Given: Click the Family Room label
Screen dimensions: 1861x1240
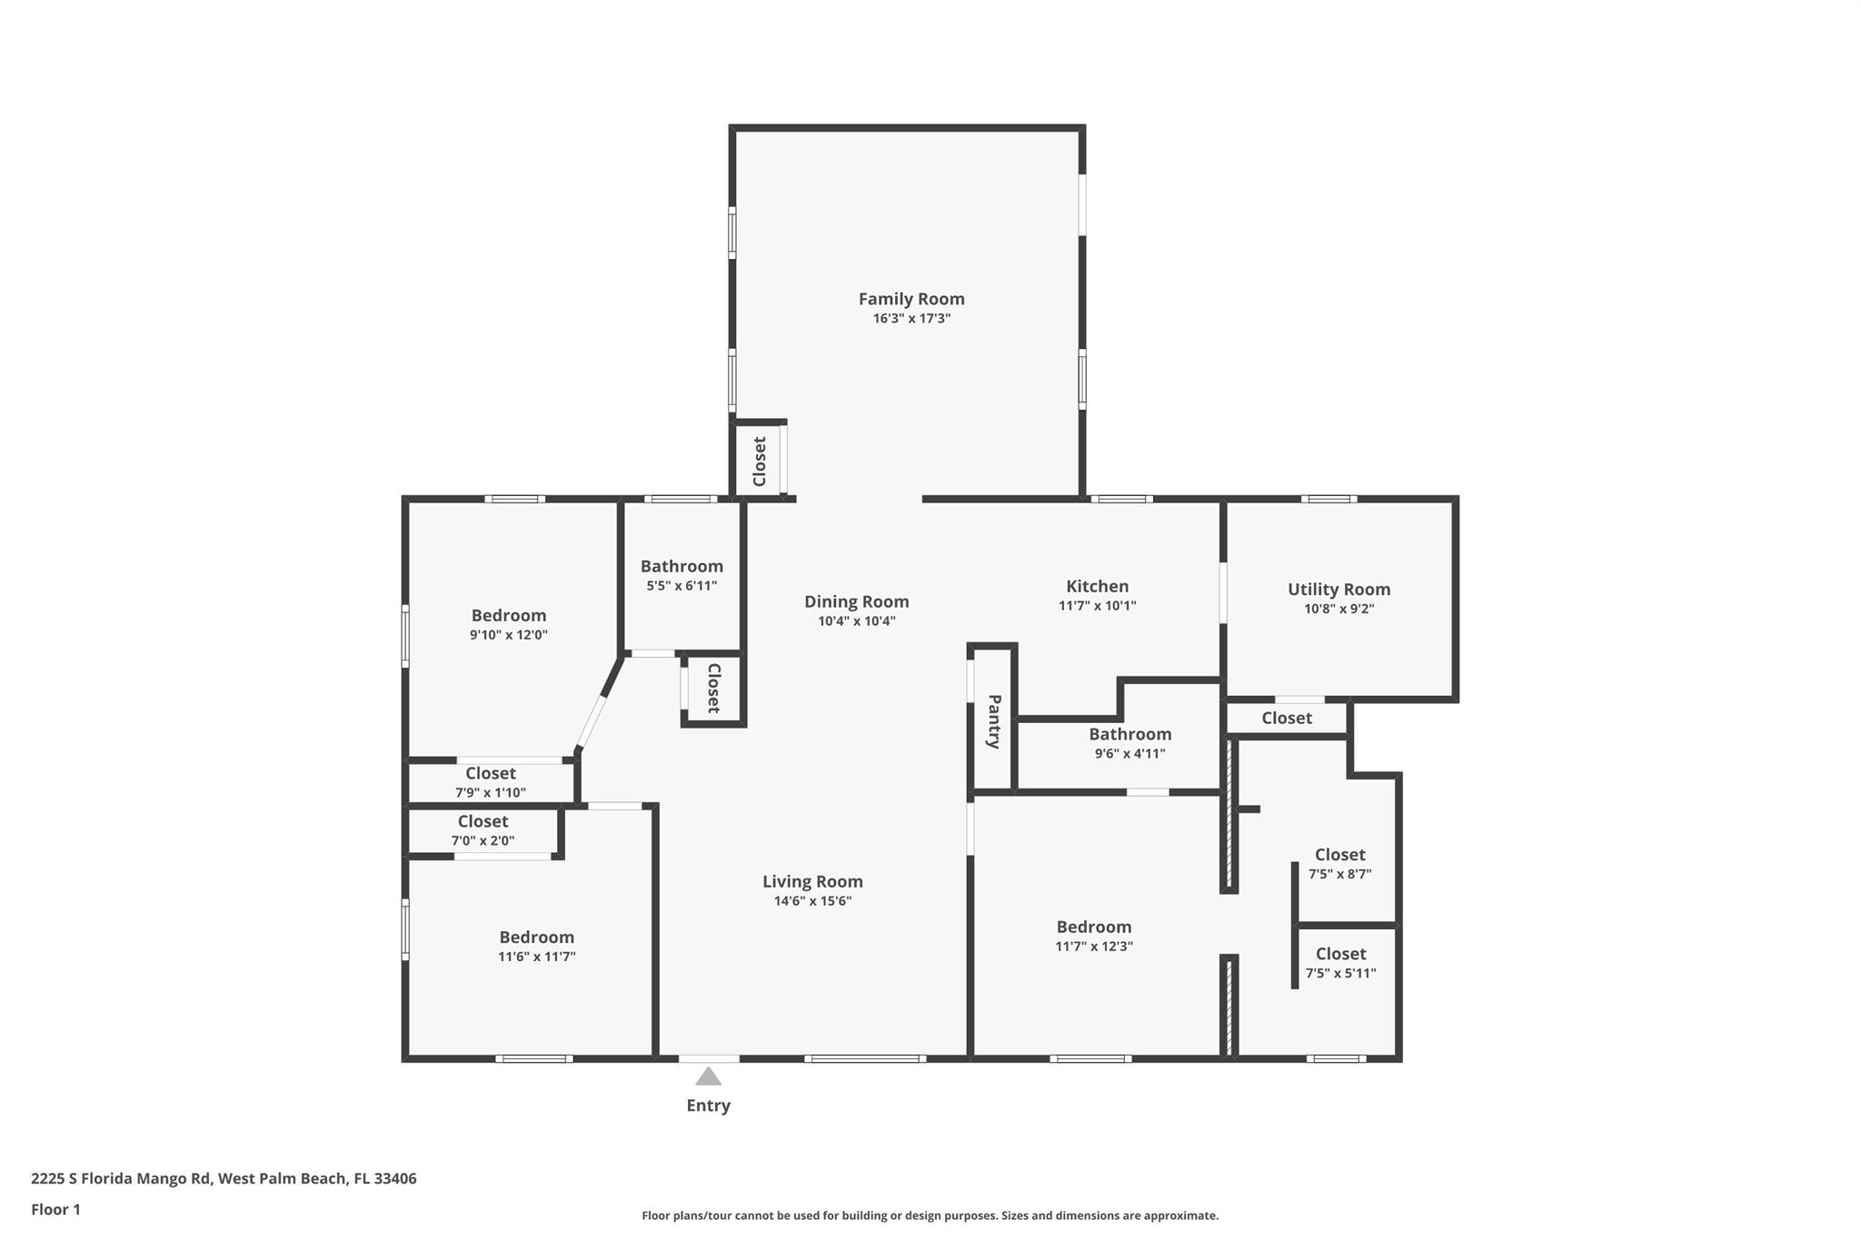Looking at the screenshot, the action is (911, 299).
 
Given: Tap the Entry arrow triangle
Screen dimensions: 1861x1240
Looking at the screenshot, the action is (709, 1076).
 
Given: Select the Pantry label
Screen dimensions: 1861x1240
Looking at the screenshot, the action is (994, 721).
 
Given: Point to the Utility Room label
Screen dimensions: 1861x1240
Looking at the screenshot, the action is (1339, 590).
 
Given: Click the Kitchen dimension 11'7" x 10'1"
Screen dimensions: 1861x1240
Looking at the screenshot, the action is (1098, 606).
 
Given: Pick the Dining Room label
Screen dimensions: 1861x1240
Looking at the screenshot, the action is (856, 601).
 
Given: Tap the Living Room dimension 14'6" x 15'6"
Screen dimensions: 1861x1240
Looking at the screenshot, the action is (812, 901).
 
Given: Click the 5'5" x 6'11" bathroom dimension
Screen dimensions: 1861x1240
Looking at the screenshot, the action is (682, 586).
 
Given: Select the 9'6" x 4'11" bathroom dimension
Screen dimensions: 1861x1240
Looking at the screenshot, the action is (1130, 753).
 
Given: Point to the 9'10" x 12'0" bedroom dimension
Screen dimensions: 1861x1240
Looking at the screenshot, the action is (509, 635).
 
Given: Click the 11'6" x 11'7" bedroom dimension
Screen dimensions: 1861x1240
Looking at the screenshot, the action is (536, 957).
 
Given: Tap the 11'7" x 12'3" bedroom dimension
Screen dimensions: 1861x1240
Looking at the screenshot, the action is (1094, 947).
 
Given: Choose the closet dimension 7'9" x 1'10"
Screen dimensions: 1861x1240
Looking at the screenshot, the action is (491, 793).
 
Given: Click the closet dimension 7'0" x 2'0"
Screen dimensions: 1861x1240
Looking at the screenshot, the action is (483, 841).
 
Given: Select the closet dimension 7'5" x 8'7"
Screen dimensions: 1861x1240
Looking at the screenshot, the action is (1340, 875).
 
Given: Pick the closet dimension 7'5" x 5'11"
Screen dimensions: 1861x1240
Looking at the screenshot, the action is (1341, 974).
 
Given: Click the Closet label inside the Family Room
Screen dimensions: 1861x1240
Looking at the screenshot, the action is (760, 461).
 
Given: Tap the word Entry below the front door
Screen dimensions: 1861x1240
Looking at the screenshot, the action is (709, 1106).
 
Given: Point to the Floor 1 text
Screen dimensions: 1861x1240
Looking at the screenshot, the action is (56, 1209).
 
